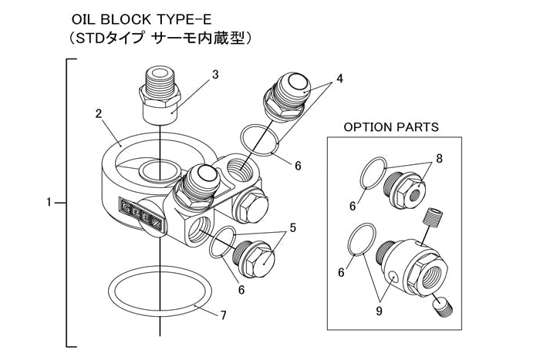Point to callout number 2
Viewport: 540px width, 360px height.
coord(100,114)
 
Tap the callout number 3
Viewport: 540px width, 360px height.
coord(215,75)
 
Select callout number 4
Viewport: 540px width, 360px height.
coord(339,79)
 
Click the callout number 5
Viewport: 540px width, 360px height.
coord(292,227)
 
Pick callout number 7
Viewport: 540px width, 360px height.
coord(223,315)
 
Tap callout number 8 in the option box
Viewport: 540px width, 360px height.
coord(439,159)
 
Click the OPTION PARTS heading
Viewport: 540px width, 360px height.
coord(391,126)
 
